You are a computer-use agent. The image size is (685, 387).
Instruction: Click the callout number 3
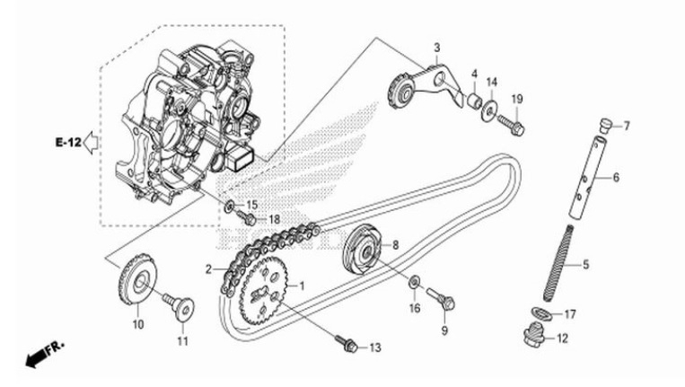tap(436, 47)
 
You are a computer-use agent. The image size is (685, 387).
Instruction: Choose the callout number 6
tap(616, 178)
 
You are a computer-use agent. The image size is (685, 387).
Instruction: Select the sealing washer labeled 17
tap(541, 313)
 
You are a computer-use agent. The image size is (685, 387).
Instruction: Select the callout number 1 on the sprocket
tap(302, 286)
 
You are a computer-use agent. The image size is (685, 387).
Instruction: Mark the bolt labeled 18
tap(246, 217)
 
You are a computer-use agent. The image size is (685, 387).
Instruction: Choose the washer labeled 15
tap(231, 207)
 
